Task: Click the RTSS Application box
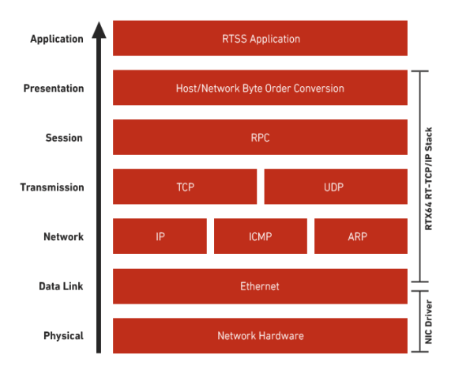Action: point(260,38)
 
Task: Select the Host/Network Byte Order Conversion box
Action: point(260,88)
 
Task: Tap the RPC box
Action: point(260,137)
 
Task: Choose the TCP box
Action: point(185,187)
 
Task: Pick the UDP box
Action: point(336,187)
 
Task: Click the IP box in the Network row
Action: point(160,236)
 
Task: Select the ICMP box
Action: point(261,236)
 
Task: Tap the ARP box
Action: point(361,236)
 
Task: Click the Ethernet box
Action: point(260,286)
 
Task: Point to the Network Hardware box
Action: point(260,336)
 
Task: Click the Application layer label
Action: point(57,39)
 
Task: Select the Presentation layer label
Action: point(54,89)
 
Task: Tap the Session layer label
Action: point(64,138)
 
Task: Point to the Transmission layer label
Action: point(52,187)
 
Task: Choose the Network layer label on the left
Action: point(63,236)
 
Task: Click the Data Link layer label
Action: point(61,286)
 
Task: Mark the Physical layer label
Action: point(63,336)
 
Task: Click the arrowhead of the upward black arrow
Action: point(99,30)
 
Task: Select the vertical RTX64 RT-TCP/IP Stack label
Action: point(429,179)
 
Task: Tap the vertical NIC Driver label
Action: point(429,322)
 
